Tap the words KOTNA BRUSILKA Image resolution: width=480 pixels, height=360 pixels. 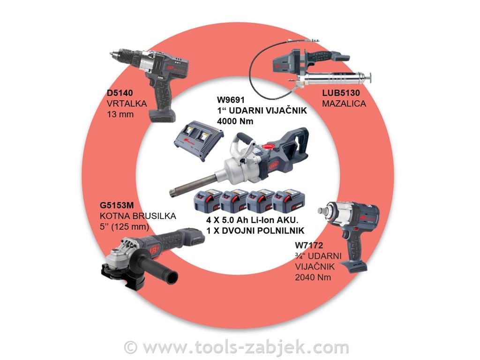point(138,216)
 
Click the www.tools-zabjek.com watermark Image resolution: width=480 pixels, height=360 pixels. point(237,347)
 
